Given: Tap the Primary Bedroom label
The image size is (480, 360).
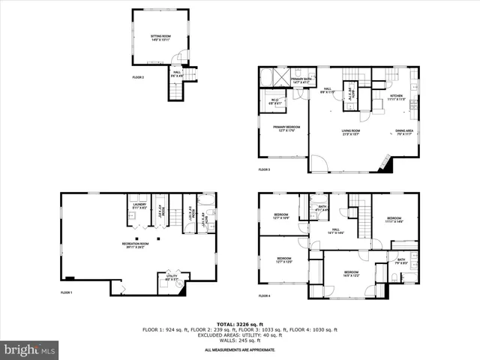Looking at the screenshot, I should (x=284, y=129).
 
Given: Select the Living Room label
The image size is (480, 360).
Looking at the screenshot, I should (x=347, y=132).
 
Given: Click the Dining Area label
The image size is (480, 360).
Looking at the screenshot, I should (x=404, y=132).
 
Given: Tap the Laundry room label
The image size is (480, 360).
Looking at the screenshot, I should (x=139, y=205).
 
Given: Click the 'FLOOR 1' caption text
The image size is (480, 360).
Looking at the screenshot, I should (x=67, y=292).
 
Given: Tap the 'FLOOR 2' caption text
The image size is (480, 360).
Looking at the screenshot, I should (x=138, y=77).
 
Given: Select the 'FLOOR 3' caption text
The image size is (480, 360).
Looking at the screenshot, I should (x=264, y=169).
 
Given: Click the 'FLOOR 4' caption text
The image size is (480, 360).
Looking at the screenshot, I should (x=264, y=295).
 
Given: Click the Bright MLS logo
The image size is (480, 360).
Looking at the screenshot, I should (x=30, y=349).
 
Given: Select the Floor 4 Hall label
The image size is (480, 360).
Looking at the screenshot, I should (x=337, y=231).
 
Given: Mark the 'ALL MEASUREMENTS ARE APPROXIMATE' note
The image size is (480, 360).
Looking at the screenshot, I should (x=240, y=349).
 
